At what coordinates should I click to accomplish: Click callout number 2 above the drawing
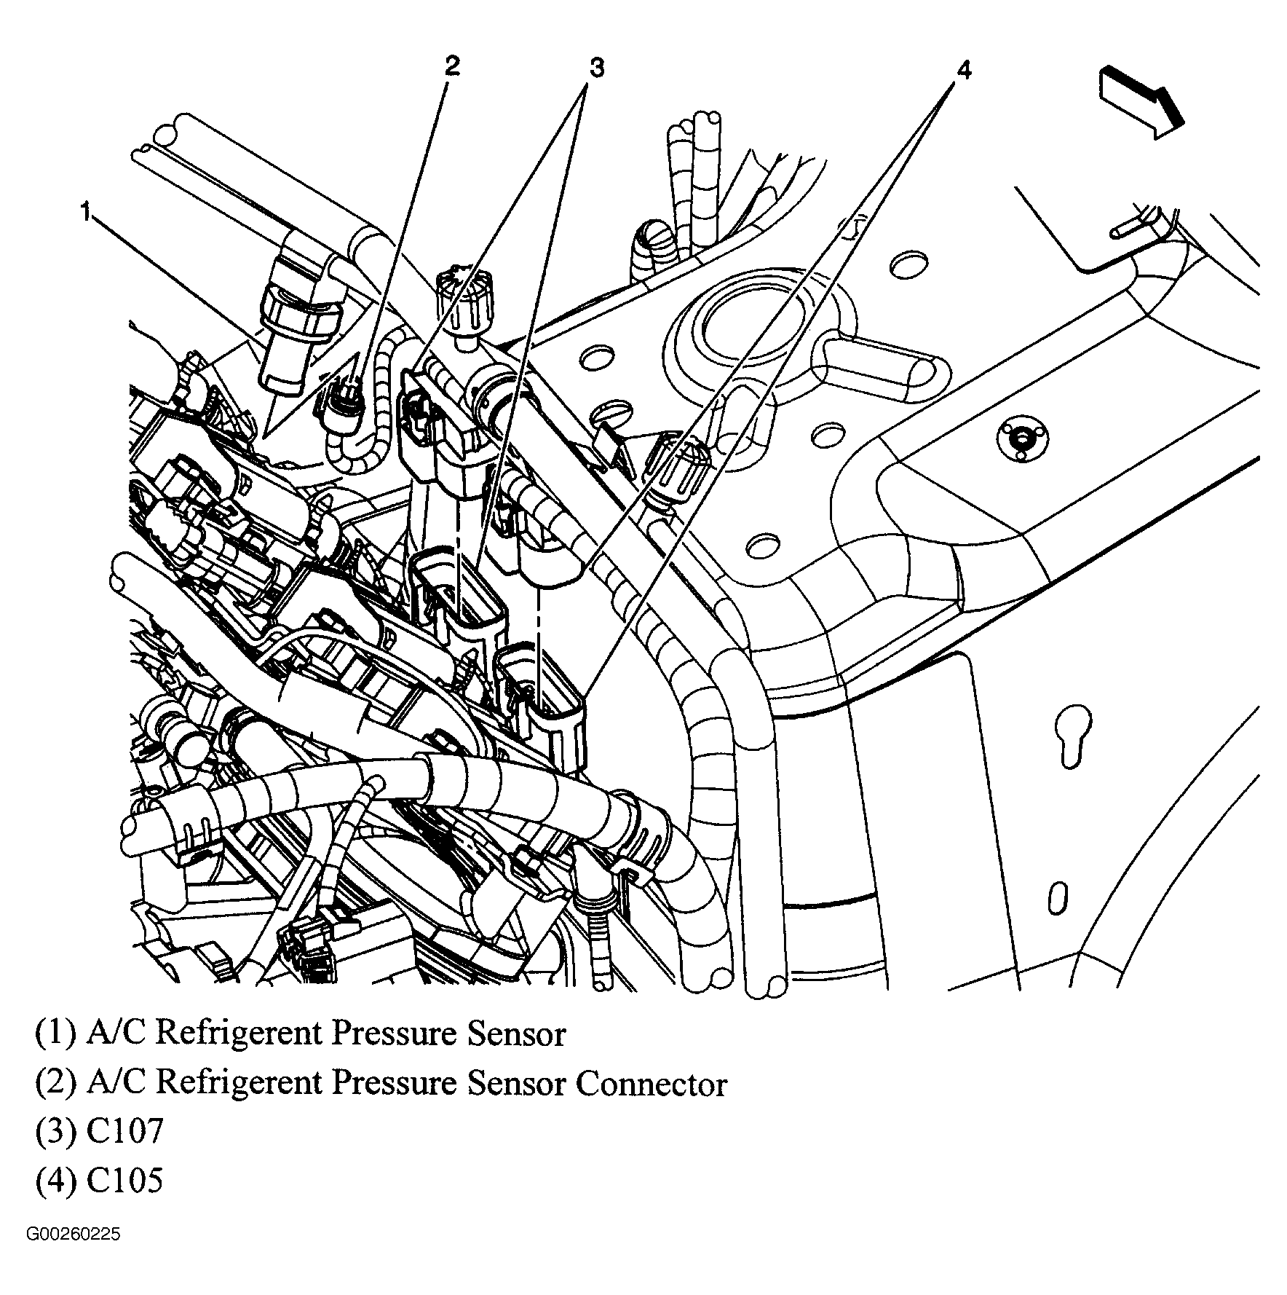pos(451,66)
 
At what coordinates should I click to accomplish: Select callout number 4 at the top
pos(963,71)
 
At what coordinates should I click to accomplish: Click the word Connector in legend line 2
pos(652,1085)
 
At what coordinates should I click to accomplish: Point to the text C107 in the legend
pos(125,1132)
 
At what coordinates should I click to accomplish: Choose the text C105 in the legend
pos(125,1180)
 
